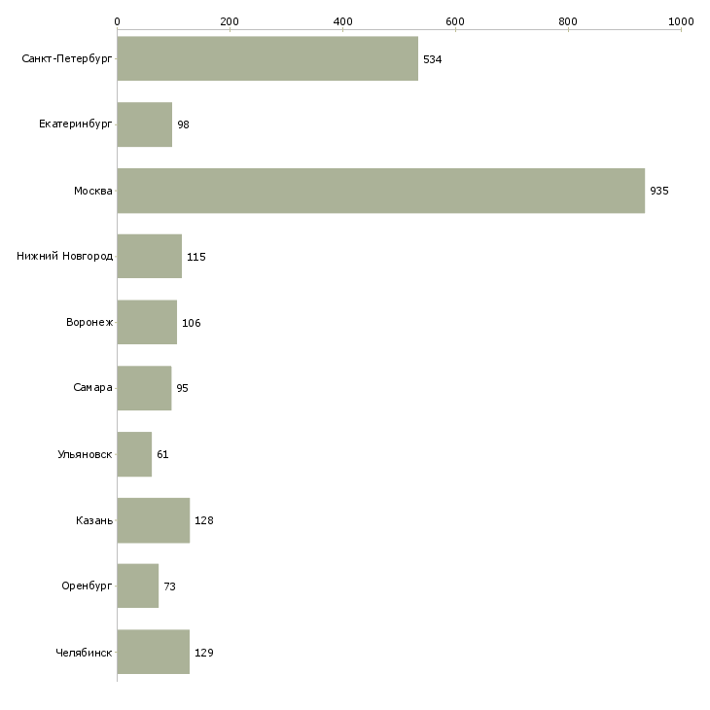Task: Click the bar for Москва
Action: pos(380,191)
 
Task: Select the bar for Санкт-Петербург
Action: pos(267,59)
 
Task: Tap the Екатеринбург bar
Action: pos(144,124)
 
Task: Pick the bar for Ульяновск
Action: pos(134,454)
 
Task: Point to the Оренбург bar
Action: pos(137,586)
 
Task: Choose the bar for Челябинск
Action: pos(153,653)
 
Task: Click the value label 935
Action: pos(659,191)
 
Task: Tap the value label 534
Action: pos(433,59)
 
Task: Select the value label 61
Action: pos(163,454)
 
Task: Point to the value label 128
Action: pos(204,520)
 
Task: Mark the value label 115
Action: pos(196,257)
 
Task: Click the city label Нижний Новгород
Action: pos(65,257)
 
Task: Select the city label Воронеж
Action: pos(89,323)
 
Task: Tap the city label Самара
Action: pos(93,388)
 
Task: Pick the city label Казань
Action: pos(94,520)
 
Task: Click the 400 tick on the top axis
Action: pos(342,20)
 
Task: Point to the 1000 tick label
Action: pos(681,20)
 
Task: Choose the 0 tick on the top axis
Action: pos(117,20)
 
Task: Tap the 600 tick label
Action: pos(455,20)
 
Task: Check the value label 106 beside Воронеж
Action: pos(192,323)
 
